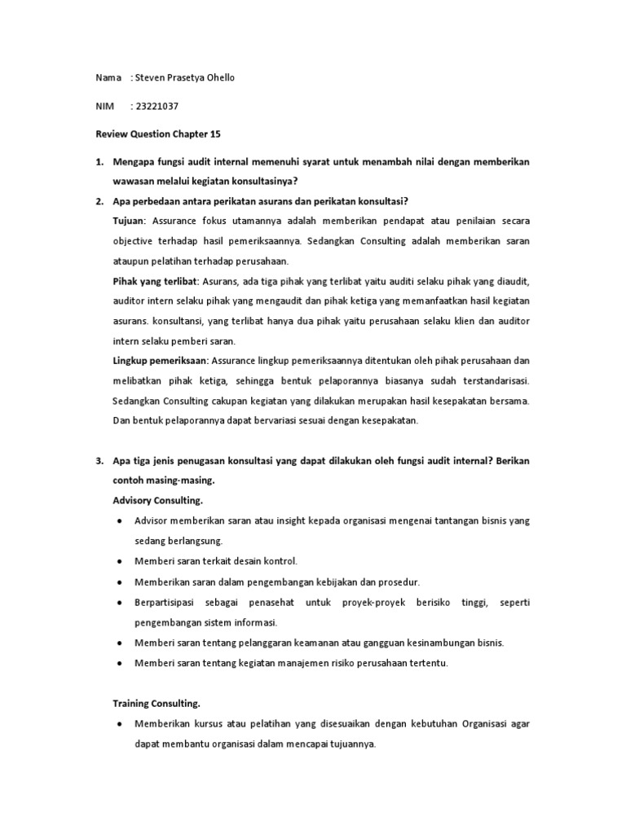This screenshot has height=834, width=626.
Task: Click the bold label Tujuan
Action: (128, 222)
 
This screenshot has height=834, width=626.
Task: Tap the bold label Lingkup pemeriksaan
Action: (160, 360)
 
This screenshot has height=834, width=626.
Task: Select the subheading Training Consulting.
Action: (156, 702)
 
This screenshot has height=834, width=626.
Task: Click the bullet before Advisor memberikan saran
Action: (121, 520)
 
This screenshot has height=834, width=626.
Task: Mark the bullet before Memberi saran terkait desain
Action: (121, 562)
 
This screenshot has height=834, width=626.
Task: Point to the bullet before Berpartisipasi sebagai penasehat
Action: (121, 603)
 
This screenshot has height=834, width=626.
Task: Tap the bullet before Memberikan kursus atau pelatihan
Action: (121, 723)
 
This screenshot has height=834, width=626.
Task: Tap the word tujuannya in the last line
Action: (347, 744)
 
